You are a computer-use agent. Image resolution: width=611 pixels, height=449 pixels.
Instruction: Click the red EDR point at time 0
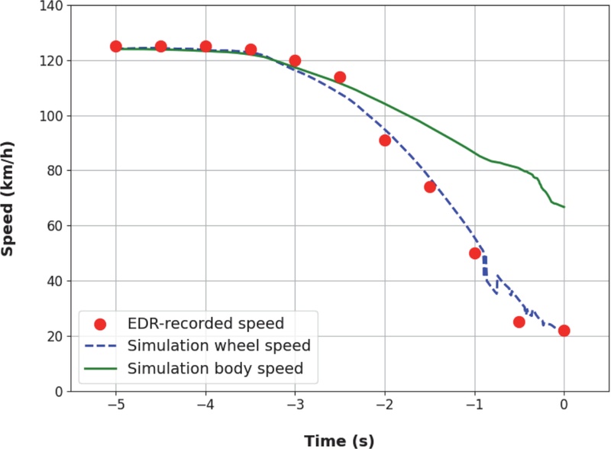click(564, 331)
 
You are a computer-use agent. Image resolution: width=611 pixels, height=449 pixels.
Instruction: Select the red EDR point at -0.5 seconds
click(519, 322)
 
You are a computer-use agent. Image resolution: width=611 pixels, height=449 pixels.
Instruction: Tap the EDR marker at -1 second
click(475, 254)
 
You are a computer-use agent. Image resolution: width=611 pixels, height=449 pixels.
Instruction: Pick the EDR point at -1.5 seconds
click(430, 187)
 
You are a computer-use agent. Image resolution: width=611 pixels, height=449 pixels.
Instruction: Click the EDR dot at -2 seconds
click(385, 141)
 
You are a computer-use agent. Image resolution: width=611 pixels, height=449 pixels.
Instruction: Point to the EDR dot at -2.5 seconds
click(340, 77)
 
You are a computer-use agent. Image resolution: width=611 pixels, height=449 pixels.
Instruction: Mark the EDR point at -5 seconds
click(116, 47)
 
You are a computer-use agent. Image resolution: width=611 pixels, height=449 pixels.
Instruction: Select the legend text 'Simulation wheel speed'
click(219, 345)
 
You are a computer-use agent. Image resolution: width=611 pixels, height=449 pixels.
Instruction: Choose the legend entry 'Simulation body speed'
click(216, 369)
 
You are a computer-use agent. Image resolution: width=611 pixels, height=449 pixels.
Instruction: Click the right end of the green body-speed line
click(564, 207)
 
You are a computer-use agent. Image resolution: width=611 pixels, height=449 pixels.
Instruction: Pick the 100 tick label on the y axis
click(50, 116)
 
